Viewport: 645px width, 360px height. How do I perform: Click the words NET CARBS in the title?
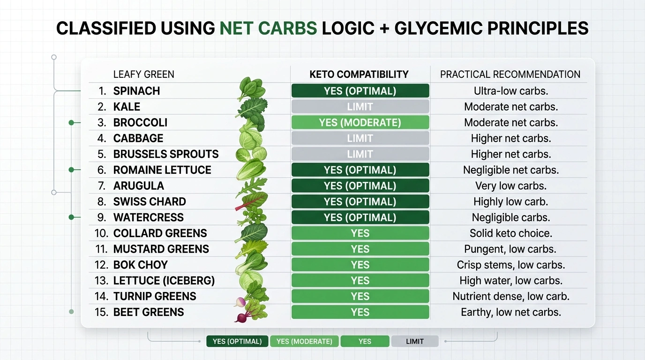(268, 28)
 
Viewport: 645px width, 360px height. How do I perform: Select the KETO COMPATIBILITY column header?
(359, 75)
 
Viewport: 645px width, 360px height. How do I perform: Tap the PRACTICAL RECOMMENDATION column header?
(510, 75)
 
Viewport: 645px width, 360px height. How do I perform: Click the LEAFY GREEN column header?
(143, 75)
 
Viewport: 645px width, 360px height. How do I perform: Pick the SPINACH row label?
(136, 91)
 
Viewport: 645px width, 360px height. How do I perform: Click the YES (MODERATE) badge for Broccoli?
(360, 123)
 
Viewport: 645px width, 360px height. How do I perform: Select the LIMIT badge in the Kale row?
(360, 107)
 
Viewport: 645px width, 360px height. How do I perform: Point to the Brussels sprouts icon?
(251, 154)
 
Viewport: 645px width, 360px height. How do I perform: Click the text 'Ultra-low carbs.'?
(511, 91)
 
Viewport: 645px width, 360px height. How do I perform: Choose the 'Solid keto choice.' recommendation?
(511, 233)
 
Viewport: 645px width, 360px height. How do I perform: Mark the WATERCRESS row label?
(149, 217)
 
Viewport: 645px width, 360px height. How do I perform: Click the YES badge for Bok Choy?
(360, 265)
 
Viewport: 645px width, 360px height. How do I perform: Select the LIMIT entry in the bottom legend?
(415, 341)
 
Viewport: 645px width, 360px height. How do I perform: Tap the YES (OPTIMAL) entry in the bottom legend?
(237, 341)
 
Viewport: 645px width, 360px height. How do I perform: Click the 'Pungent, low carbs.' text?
(511, 249)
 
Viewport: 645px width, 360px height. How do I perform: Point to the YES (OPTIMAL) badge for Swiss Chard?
(360, 202)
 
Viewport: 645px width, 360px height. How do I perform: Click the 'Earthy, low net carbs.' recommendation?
(511, 312)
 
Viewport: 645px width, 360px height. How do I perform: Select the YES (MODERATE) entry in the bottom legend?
(304, 341)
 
